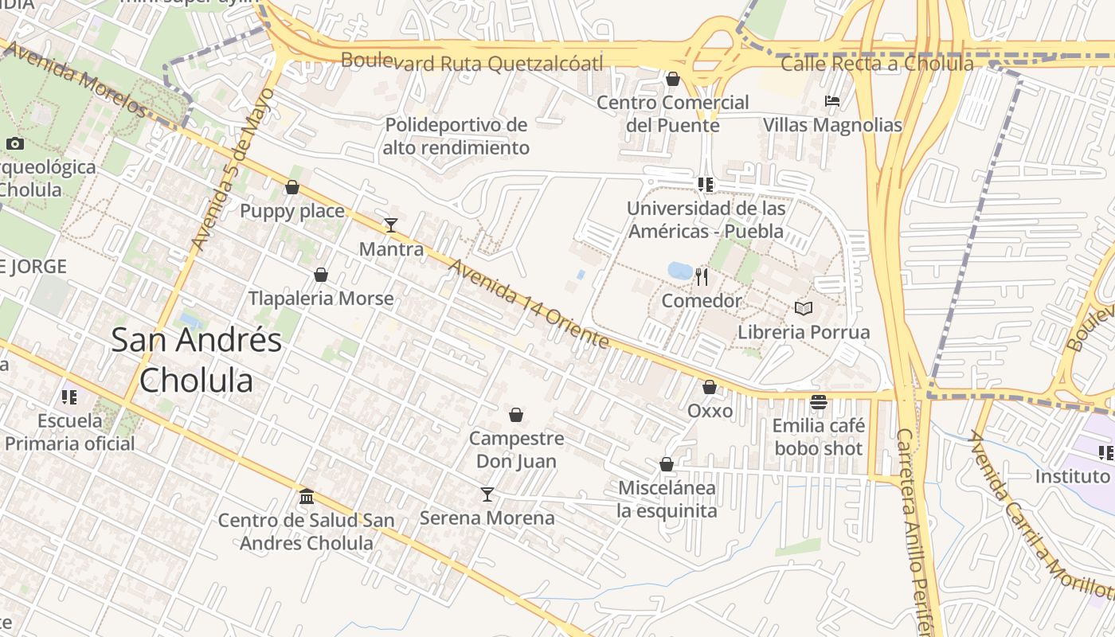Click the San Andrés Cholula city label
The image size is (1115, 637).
(x=196, y=360)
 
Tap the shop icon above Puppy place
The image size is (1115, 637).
(x=292, y=188)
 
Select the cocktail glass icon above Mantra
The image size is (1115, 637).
(x=390, y=225)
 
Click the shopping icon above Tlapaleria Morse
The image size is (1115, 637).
(x=321, y=275)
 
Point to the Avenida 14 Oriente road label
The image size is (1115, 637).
(x=528, y=303)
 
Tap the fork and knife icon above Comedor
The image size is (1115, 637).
(x=702, y=277)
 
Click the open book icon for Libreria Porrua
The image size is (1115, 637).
(x=803, y=308)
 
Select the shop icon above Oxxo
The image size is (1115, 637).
(x=710, y=387)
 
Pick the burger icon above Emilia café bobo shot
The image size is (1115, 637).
(x=818, y=402)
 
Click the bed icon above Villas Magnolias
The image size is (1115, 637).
(x=832, y=101)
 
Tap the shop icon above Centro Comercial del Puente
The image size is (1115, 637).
(x=673, y=79)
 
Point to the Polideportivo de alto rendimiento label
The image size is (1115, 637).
(x=456, y=136)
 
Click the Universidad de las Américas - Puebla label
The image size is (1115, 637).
(x=706, y=220)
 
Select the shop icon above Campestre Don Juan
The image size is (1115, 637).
(x=516, y=415)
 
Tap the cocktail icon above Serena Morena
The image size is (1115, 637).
(x=487, y=494)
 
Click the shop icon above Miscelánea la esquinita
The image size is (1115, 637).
(x=667, y=464)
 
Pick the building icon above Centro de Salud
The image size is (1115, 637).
(x=307, y=497)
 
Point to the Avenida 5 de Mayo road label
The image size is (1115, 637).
(x=233, y=169)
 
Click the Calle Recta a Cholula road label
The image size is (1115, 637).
(x=877, y=64)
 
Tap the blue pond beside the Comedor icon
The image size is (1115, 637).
(x=680, y=271)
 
